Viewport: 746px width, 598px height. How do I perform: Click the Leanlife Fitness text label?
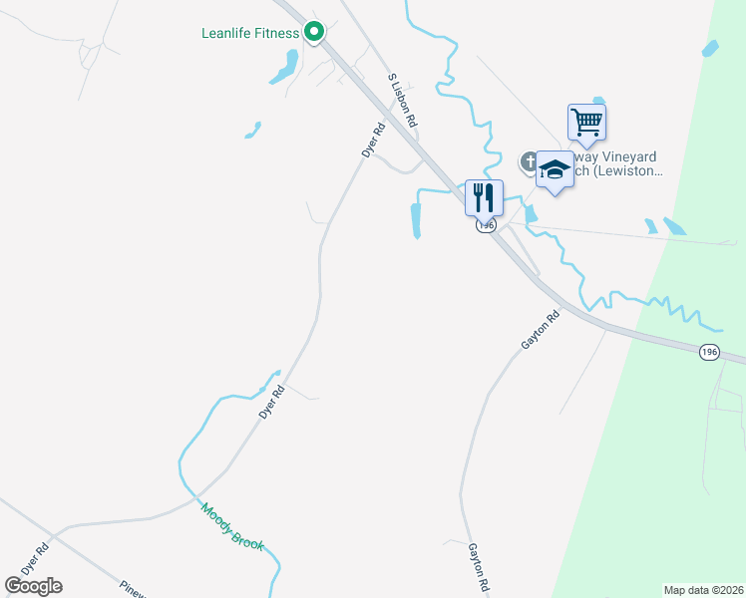249,33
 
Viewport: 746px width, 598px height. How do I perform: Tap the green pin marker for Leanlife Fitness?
314,32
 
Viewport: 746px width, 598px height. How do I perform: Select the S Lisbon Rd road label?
401,99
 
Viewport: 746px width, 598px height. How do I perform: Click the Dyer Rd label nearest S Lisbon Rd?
373,140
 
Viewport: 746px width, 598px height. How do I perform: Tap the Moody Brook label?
231,526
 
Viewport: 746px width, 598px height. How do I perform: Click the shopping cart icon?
587,123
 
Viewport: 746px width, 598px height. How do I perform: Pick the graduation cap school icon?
555,169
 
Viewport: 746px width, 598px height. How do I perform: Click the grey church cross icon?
529,159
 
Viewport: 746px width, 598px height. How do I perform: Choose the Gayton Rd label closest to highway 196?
540,330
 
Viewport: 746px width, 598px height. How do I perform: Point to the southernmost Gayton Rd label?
480,568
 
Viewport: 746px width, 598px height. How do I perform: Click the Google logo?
33,586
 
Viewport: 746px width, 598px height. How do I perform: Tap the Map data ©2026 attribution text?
704,590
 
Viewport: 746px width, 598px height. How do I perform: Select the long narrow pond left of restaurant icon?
416,220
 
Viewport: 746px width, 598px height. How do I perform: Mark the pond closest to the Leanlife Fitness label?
282,68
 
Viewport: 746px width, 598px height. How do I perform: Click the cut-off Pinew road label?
133,588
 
